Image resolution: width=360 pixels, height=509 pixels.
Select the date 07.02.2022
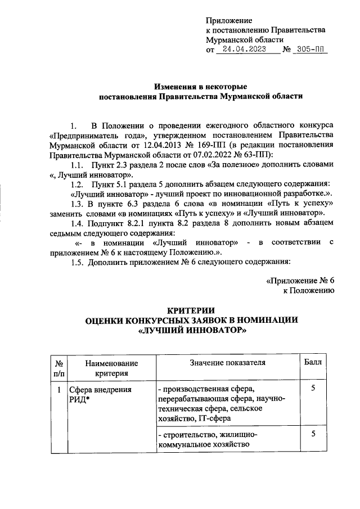213,154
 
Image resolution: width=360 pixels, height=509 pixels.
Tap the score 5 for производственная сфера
313,389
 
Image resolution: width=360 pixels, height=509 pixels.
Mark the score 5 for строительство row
313,435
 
